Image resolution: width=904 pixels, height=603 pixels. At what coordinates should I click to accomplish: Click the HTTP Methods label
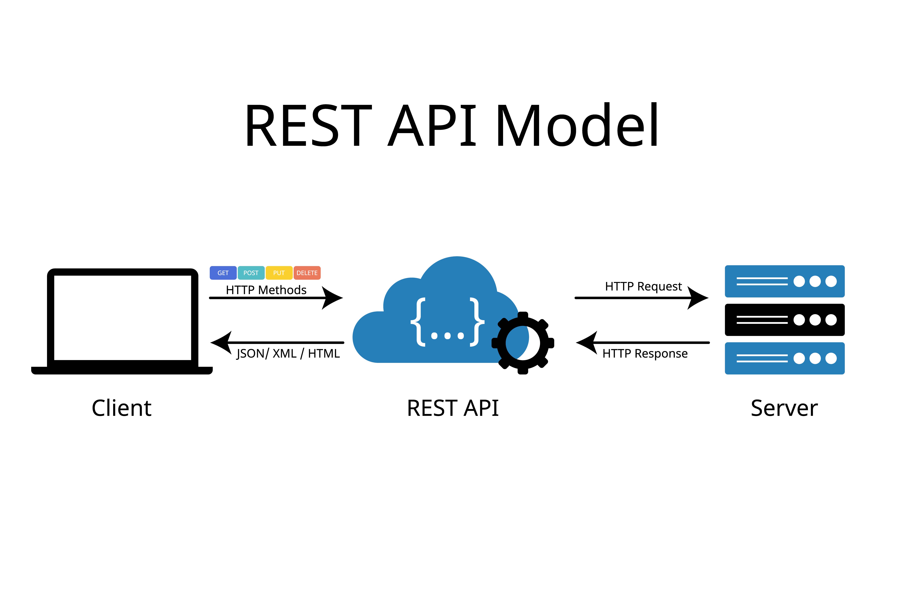pyautogui.click(x=266, y=290)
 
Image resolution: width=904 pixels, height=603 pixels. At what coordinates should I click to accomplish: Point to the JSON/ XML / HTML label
pyautogui.click(x=288, y=353)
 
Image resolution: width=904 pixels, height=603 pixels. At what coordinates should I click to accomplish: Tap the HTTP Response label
pyautogui.click(x=645, y=353)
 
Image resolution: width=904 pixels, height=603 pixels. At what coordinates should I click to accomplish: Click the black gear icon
pyautogui.click(x=523, y=343)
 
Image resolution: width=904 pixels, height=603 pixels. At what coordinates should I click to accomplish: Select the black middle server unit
pyautogui.click(x=785, y=320)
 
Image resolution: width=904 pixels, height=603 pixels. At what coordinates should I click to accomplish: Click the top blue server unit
pyautogui.click(x=785, y=281)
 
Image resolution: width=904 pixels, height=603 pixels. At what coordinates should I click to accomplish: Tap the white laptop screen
pyautogui.click(x=123, y=318)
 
